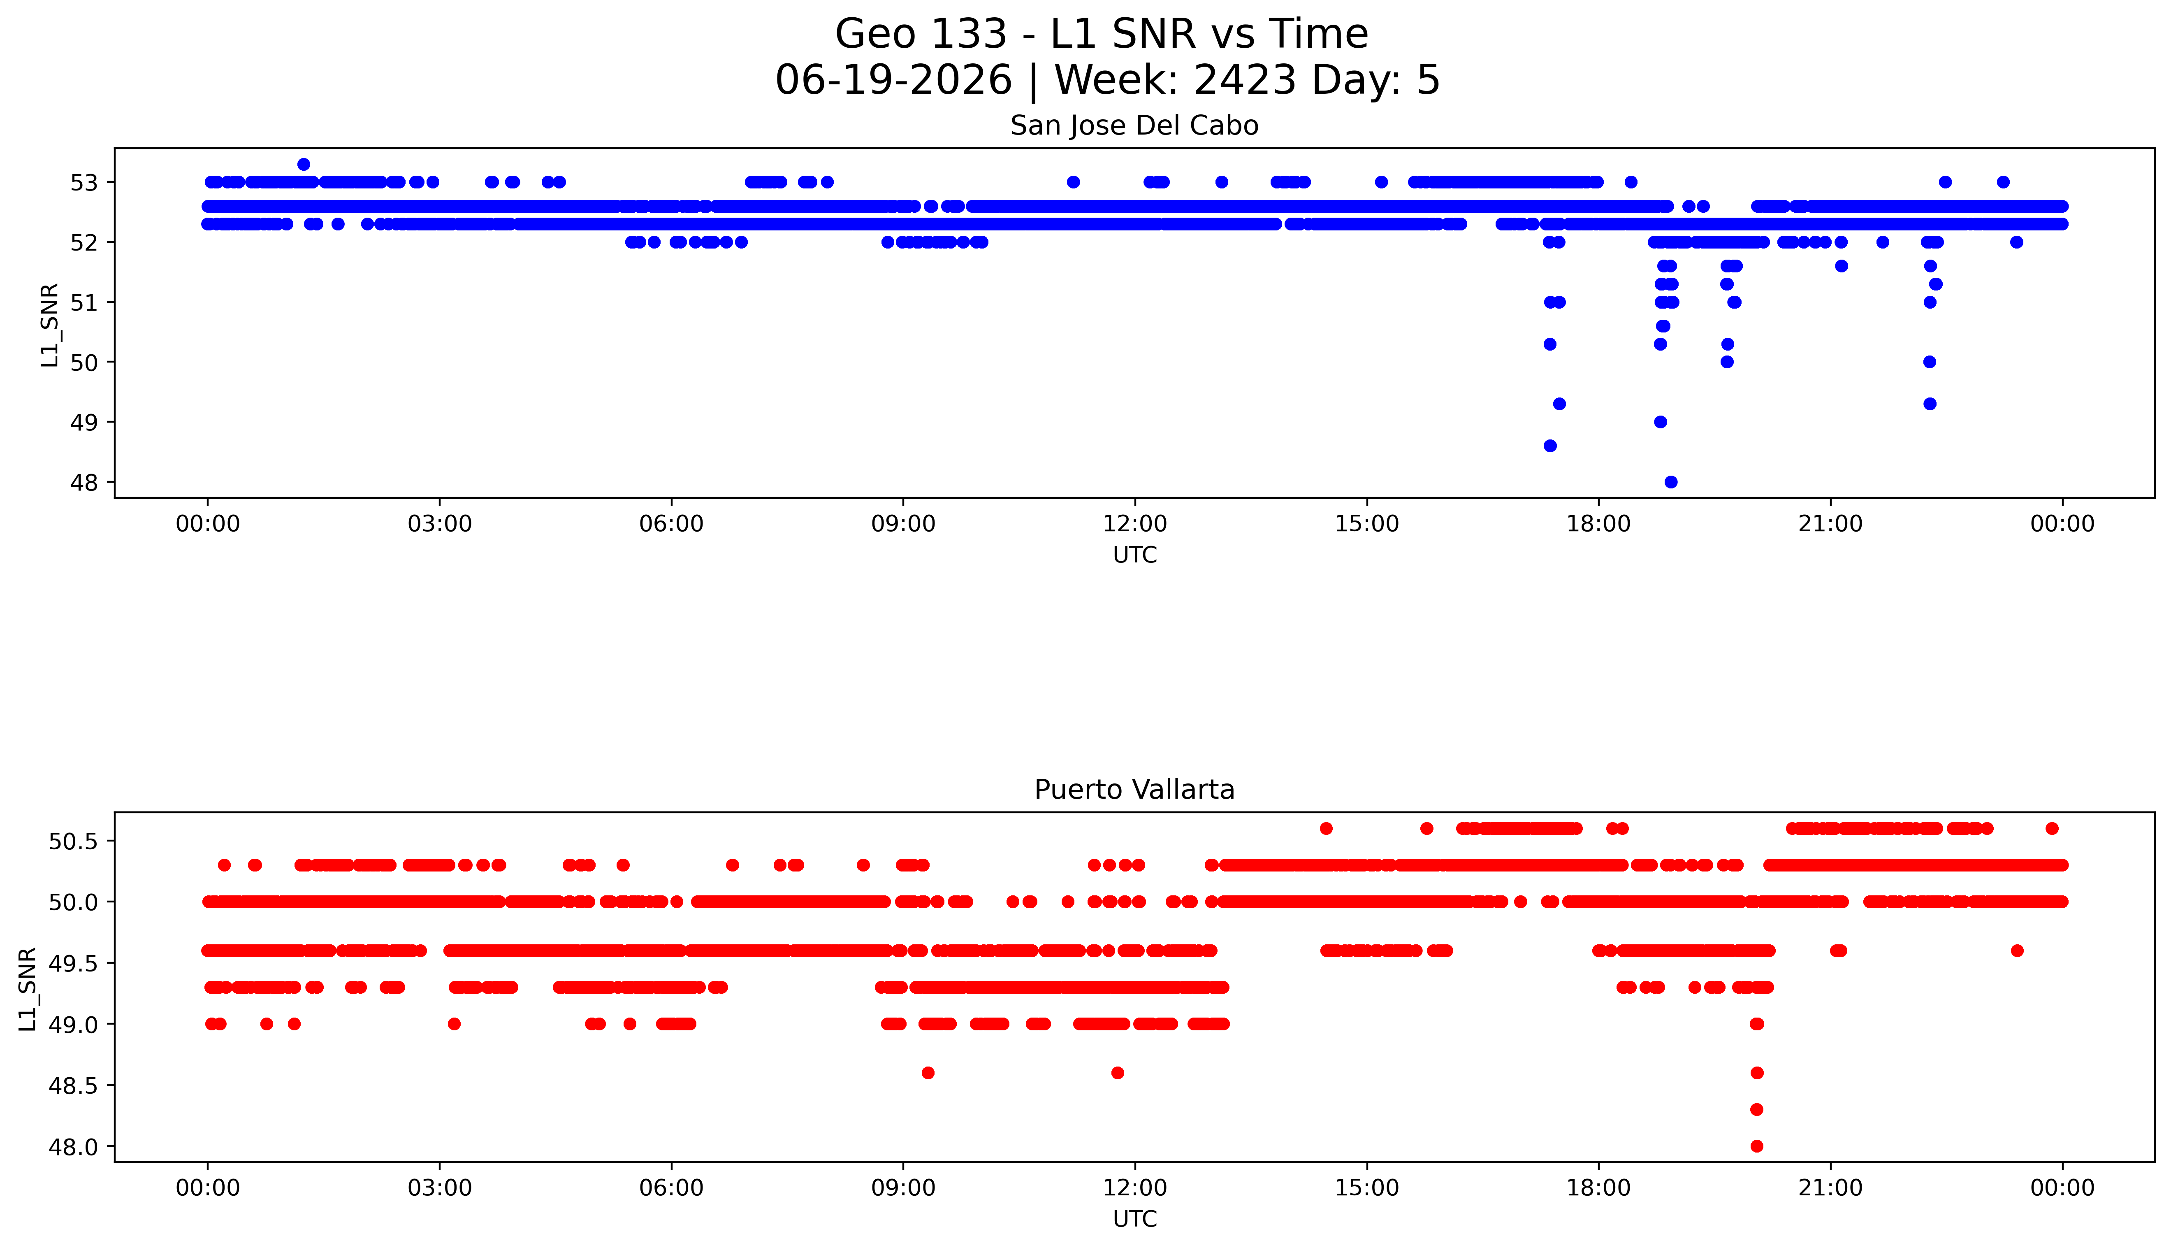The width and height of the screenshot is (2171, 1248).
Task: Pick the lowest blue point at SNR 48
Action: pos(1671,482)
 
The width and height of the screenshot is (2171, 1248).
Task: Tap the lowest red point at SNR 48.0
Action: pos(1756,1146)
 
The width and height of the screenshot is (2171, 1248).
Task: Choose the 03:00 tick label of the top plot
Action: pos(440,524)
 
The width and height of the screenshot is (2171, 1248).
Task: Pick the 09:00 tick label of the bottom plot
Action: pos(903,1188)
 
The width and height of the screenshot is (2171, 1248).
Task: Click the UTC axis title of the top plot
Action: pos(1134,555)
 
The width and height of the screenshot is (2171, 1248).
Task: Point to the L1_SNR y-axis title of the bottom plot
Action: pos(28,988)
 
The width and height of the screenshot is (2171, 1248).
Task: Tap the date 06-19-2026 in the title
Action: pos(893,81)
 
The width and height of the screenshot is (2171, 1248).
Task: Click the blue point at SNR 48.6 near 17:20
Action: pos(1550,446)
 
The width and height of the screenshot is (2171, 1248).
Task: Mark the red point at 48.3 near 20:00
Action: pos(1756,1109)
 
